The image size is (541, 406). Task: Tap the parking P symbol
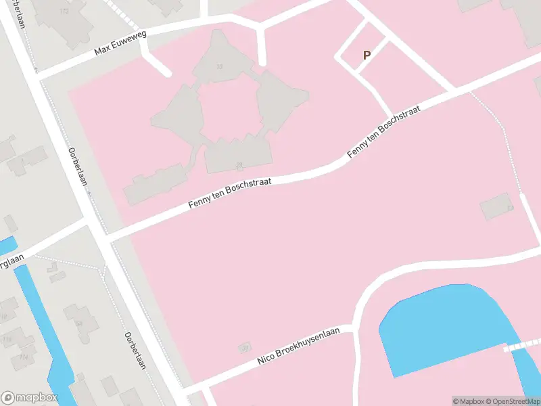[367, 55]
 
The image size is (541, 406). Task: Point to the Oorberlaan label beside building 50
[135, 351]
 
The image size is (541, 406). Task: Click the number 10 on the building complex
[219, 66]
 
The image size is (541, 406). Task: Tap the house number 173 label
[65, 12]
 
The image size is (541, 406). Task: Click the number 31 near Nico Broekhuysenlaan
[244, 348]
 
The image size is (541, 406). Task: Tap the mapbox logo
[30, 398]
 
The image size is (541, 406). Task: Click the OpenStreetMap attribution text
[511, 401]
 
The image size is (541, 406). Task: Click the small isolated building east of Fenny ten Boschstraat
[497, 206]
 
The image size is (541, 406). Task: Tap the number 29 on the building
[239, 166]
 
